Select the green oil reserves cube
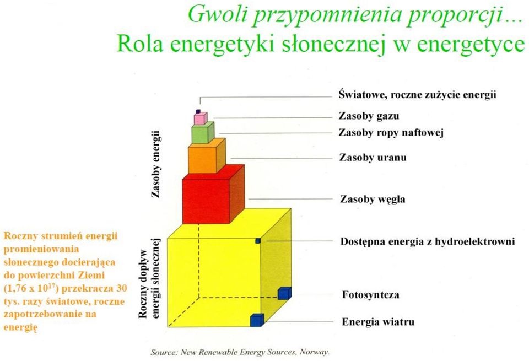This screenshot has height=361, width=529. tap(203, 133)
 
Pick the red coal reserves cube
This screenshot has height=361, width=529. tap(213, 195)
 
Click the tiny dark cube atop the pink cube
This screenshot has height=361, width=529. tap(198, 111)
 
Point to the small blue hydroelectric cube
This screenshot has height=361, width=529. tap(258, 240)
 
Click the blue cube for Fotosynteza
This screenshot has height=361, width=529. tap(284, 293)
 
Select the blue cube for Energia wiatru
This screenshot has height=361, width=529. tap(257, 320)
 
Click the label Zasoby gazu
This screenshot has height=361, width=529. tap(369, 116)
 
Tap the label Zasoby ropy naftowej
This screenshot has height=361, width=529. tap(391, 133)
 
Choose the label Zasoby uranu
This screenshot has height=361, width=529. tap(373, 158)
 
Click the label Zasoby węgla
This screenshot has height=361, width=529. tap(373, 199)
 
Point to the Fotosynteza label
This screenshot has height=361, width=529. tap(370, 294)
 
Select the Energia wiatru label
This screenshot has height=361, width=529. tap(378, 321)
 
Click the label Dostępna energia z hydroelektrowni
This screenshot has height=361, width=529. tap(428, 241)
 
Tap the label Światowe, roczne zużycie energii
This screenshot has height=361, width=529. tap(418, 94)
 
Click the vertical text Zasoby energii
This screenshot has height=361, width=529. tap(155, 164)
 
